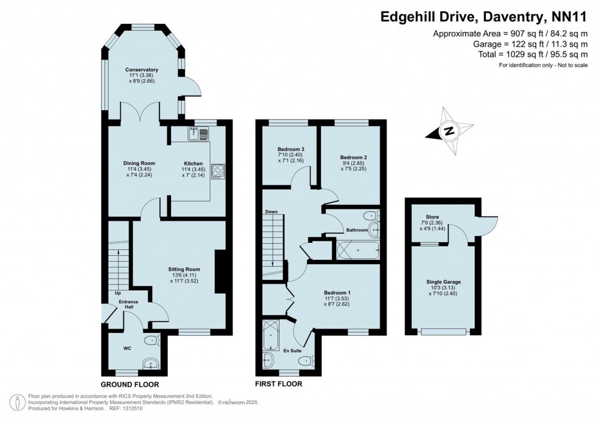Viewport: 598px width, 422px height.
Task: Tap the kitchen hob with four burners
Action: coord(218,170)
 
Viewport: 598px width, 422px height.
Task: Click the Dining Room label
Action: coord(138,164)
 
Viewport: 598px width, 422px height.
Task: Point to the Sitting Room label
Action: coord(184,269)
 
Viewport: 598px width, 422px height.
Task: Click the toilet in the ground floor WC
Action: coord(151,340)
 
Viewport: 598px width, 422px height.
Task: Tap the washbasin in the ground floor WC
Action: coord(151,364)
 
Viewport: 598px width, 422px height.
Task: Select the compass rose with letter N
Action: coord(449,131)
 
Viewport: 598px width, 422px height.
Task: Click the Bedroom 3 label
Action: coord(290,150)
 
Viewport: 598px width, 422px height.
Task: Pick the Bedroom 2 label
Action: coord(353,157)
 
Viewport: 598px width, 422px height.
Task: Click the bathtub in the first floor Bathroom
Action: coord(358,251)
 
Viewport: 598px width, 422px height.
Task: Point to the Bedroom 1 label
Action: coord(338,293)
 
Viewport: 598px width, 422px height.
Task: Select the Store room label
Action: coord(432,217)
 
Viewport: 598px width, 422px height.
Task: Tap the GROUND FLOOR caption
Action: coord(130,385)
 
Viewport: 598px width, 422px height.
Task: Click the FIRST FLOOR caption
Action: coord(279,384)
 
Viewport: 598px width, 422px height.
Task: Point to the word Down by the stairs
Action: coord(271,212)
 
